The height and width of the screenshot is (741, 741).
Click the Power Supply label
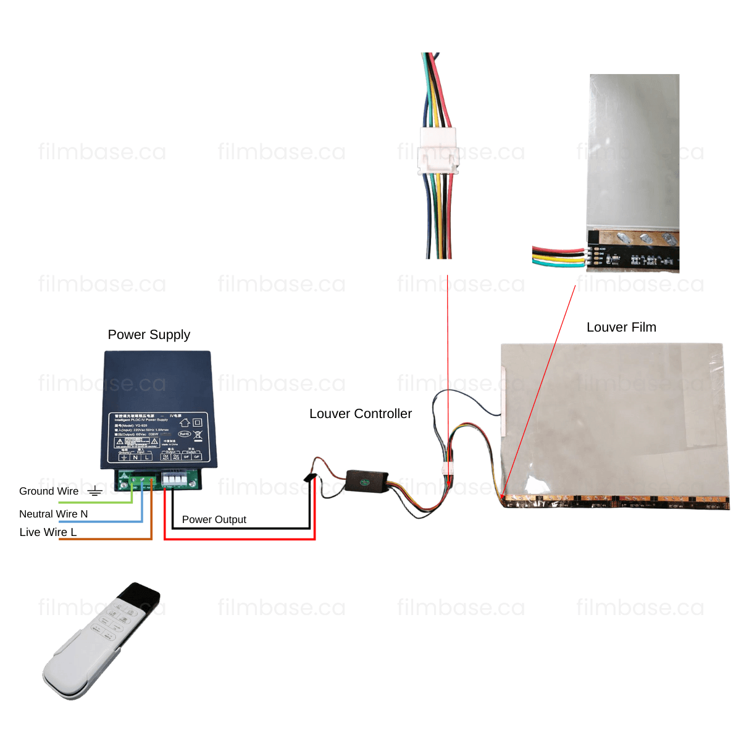point(149,335)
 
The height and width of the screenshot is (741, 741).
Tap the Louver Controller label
point(361,414)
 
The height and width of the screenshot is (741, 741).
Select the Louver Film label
point(621,327)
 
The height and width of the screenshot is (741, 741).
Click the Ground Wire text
point(49,491)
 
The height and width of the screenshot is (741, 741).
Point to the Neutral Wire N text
point(53,514)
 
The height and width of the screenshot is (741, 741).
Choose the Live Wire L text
point(48,532)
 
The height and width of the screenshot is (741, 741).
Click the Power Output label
point(214,519)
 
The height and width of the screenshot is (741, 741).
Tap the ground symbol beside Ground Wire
point(94,492)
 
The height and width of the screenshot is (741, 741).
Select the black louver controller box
point(367,480)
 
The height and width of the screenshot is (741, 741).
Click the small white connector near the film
point(446,469)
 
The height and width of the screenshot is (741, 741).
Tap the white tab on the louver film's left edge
point(503,401)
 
